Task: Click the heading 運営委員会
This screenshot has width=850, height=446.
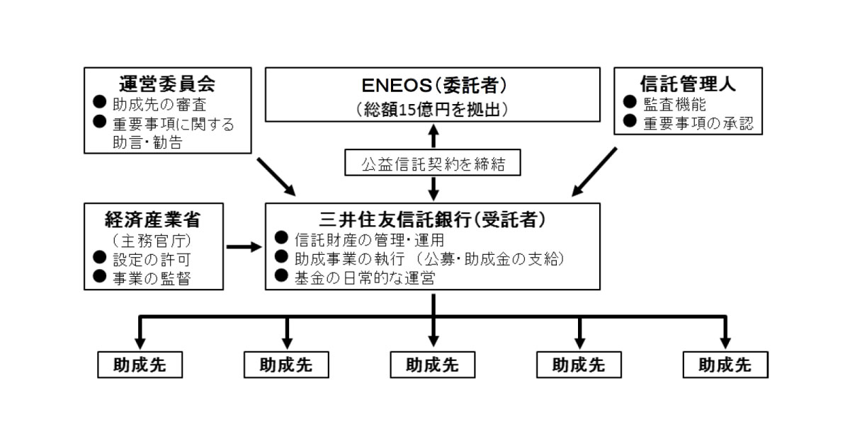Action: click(x=169, y=84)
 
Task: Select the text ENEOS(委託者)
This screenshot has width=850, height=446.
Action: click(x=434, y=85)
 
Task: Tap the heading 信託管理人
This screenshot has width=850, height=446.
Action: click(x=687, y=84)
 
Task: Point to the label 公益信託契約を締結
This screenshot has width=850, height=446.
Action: click(x=433, y=164)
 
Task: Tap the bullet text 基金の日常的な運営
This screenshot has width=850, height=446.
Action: click(x=364, y=278)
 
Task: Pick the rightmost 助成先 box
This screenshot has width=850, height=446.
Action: click(x=725, y=365)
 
